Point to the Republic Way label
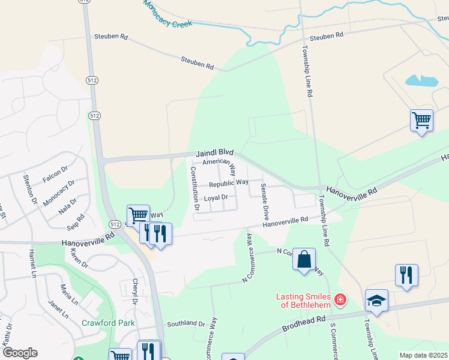coord(229,182)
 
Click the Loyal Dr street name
coord(216,197)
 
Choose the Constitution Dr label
coord(194,188)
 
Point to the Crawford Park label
coord(109,323)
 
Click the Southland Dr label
coord(187,323)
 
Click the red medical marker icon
coord(340,299)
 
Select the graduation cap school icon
coord(376,301)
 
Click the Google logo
coord(20,353)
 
